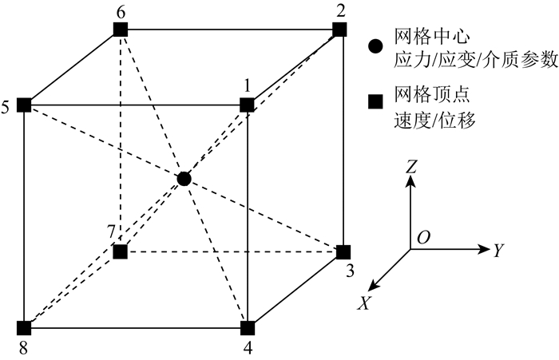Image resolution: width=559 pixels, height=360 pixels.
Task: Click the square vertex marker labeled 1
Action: [247, 105]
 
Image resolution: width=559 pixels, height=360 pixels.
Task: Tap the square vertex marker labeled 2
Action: [340, 30]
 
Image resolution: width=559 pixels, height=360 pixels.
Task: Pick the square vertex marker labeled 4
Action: [248, 326]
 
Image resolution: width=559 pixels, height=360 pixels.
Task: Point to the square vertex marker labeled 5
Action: [24, 105]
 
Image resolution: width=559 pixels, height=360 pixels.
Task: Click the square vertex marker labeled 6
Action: [120, 30]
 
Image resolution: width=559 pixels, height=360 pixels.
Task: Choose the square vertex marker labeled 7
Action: [120, 252]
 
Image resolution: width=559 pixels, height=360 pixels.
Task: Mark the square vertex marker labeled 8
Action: [24, 326]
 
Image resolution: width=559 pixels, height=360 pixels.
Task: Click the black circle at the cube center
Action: [184, 178]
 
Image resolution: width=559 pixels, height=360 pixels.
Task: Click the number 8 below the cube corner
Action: [22, 347]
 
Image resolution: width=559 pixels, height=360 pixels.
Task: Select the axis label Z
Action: [410, 166]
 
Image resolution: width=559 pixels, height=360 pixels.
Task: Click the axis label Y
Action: [498, 251]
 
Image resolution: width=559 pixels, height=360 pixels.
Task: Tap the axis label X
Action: [363, 303]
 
